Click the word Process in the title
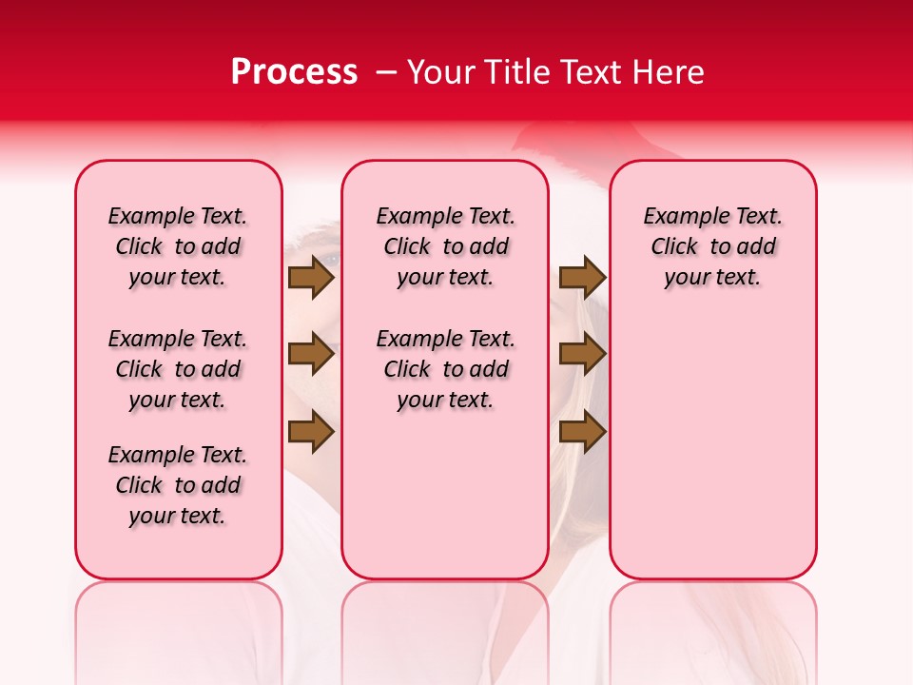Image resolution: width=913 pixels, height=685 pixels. coord(294,72)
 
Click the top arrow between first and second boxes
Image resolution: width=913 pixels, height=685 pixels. coord(311,277)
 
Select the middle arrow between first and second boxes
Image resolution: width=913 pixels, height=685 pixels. coord(311,354)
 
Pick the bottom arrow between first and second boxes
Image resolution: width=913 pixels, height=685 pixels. coord(311,432)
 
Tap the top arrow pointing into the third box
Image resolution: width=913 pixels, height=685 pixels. coord(582,277)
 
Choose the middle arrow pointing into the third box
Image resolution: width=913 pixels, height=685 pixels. coord(582,354)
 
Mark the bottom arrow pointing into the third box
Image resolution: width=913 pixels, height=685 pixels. coord(582,432)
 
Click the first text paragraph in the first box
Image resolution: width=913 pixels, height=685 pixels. coord(178,246)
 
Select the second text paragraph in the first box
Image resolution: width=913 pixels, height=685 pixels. coord(178,369)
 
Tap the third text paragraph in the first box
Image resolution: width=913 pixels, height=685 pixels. coord(178,485)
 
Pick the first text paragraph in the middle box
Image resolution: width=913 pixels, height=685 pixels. coord(446,246)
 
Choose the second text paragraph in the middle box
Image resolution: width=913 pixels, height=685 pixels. coord(446,369)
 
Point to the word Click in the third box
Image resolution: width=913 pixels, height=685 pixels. coord(674,247)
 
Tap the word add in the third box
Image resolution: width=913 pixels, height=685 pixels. coord(757,247)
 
